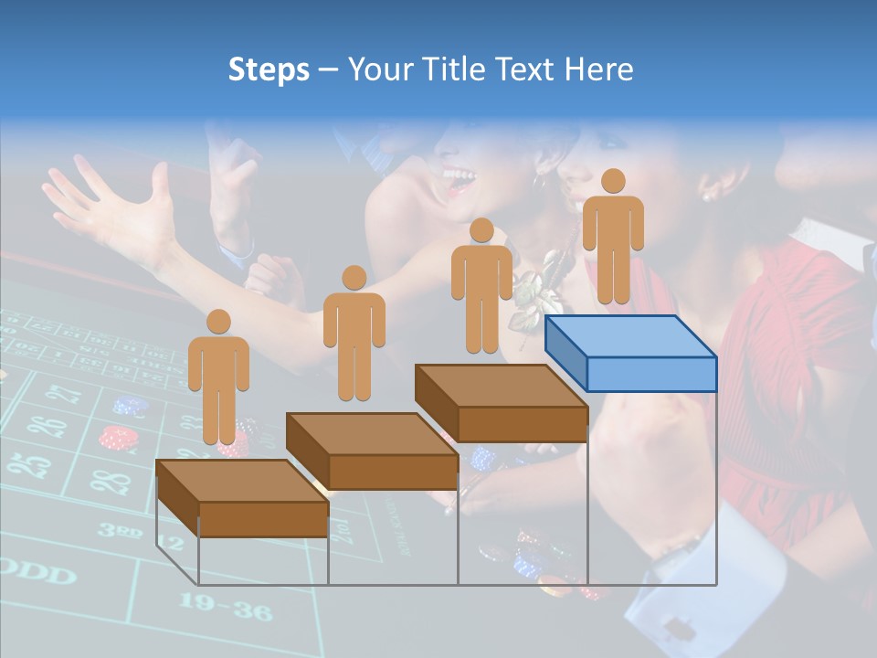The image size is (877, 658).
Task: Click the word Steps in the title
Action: (x=269, y=69)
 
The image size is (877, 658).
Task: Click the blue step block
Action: (x=630, y=353)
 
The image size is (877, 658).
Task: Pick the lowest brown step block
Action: (x=242, y=498)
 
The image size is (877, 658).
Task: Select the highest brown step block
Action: (x=501, y=403)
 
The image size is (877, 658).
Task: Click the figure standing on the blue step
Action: (x=613, y=236)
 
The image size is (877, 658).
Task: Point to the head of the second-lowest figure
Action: (x=354, y=278)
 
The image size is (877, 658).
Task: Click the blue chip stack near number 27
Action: (x=131, y=405)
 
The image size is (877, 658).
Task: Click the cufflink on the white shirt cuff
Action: (x=677, y=628)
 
